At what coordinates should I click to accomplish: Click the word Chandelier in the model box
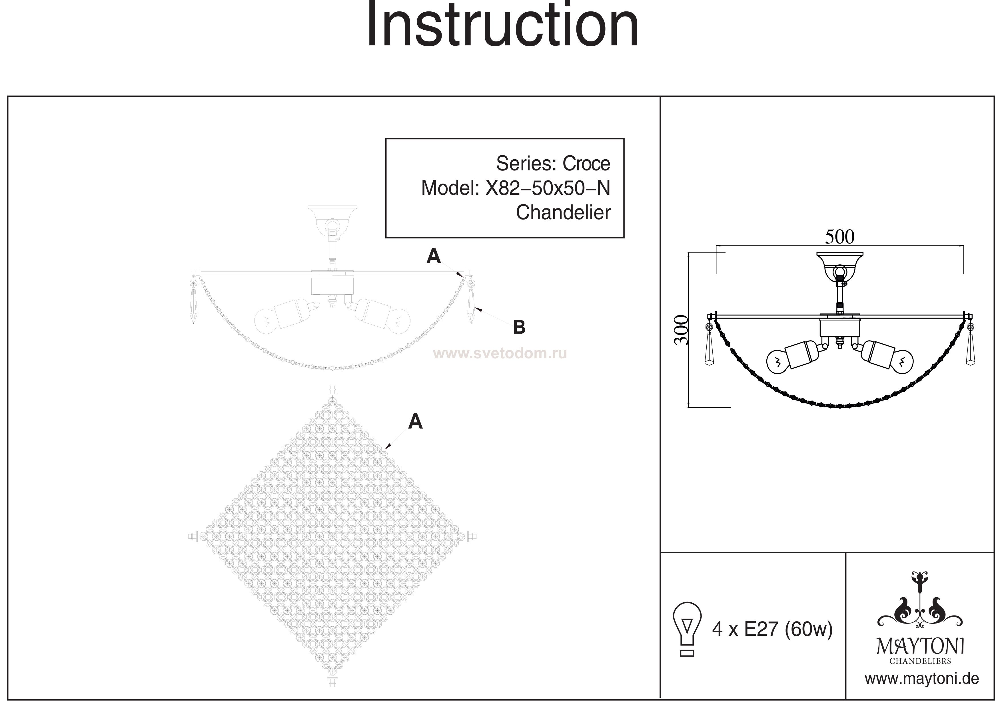point(563,213)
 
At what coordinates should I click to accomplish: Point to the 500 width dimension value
point(840,237)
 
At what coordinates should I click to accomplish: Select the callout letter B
point(519,327)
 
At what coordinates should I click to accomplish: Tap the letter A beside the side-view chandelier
point(433,256)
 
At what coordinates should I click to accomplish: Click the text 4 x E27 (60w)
point(772,629)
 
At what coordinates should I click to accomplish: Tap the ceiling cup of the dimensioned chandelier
point(840,262)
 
